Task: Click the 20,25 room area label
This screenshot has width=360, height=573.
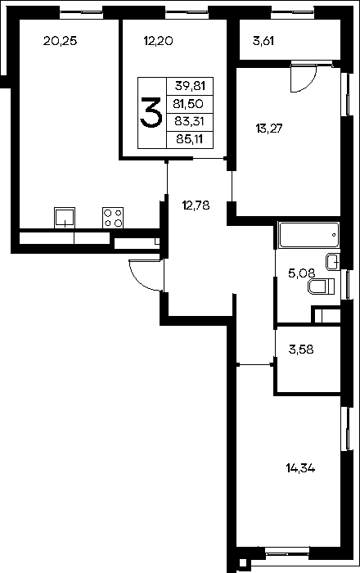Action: (61, 41)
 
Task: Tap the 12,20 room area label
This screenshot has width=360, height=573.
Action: (158, 41)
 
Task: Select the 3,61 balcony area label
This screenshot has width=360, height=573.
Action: (263, 41)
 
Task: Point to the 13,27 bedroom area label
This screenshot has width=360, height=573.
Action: (270, 129)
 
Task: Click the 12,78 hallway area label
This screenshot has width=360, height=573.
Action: (196, 205)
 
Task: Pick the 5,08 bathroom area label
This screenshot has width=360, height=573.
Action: (302, 273)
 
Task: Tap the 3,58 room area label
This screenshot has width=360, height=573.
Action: (301, 350)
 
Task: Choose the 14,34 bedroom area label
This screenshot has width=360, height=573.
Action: (300, 468)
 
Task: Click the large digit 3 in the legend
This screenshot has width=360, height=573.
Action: (151, 113)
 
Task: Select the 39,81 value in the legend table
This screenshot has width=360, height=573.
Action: (190, 86)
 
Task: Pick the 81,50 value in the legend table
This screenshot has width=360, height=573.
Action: (188, 104)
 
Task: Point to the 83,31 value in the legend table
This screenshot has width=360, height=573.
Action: (189, 121)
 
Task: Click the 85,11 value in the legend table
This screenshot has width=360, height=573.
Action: (189, 139)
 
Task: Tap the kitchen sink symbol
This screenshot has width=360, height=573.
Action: (65, 218)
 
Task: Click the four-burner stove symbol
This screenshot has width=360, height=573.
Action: (113, 218)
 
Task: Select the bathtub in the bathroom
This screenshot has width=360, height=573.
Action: (308, 235)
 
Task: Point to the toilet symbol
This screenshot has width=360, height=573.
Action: (322, 286)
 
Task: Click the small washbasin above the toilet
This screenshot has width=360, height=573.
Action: (333, 262)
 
